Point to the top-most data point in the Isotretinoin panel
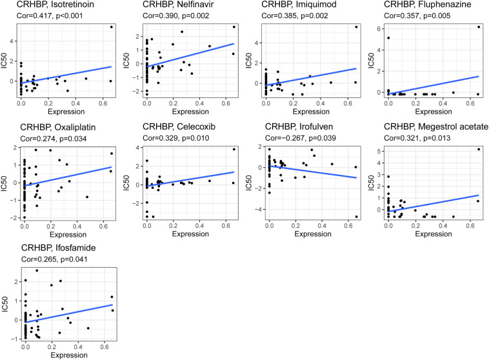[111, 26]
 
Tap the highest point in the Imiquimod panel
[355, 26]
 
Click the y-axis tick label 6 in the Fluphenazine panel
[377, 29]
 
